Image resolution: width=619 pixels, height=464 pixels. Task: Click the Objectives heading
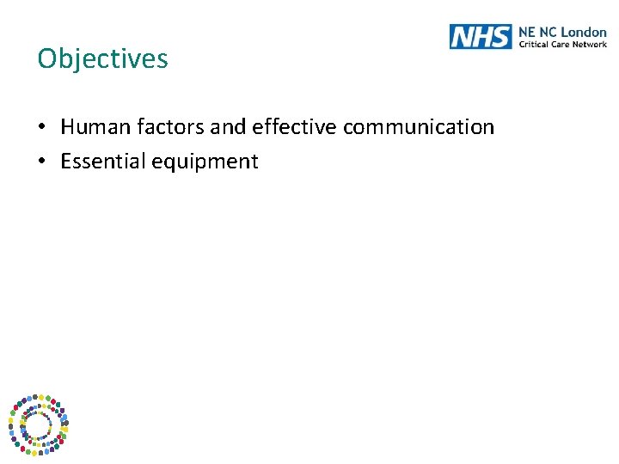click(103, 58)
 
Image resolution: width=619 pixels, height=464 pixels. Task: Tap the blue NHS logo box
click(480, 36)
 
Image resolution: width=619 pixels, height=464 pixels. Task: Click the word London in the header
click(584, 32)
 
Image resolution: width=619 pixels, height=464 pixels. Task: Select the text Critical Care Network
click(562, 44)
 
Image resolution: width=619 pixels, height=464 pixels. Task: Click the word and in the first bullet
click(228, 127)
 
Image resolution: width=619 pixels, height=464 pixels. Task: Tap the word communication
click(419, 127)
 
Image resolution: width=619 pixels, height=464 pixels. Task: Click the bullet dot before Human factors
click(42, 128)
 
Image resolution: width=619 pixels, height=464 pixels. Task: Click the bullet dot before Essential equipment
click(42, 162)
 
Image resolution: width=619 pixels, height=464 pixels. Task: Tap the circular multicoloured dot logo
click(38, 424)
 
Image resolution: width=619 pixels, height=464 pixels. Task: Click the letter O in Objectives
click(46, 58)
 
